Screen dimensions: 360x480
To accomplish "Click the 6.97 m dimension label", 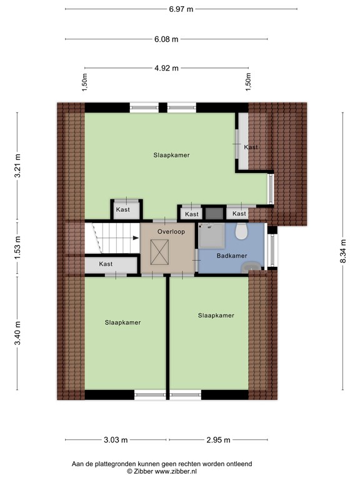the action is pos(181,9).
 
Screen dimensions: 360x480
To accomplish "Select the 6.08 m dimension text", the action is pos(166,39).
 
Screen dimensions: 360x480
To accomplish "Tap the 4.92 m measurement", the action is pos(166,68).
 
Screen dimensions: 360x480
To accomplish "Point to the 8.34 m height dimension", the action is pos(343,251).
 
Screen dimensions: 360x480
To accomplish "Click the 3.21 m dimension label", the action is pos(17,166).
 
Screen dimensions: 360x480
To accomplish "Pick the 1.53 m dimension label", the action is pos(17,247).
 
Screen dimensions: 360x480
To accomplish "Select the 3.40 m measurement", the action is pos(17,332).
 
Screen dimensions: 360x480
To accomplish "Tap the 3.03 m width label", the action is pos(116,440).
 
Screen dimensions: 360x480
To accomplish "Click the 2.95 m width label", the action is pos(218,440).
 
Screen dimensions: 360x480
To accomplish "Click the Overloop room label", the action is pos(171,232).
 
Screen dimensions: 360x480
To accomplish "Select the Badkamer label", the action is pos(232,256).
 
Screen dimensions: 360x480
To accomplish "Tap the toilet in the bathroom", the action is pos(241,231).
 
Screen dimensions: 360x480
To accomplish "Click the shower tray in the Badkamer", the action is pos(211,235).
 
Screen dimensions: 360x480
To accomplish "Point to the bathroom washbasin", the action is pos(251,267).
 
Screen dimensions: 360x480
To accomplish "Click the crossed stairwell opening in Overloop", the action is pos(159,252).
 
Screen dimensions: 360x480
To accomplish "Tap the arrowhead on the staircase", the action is pos(136,238).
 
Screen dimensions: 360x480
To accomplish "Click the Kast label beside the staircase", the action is pos(106,264).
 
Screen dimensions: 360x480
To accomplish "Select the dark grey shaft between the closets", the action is pos(214,213).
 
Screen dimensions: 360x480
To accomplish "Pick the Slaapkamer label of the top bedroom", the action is pos(171,155).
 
